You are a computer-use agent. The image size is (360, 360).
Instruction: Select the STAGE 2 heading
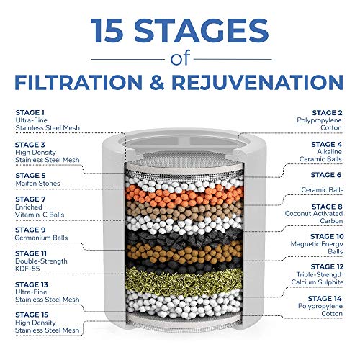pos(328,112)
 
